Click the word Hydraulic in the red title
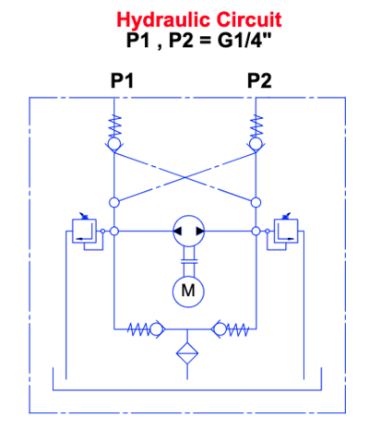pyautogui.click(x=164, y=20)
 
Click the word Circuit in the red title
pyautogui.click(x=249, y=19)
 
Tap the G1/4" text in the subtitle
pyautogui.click(x=244, y=40)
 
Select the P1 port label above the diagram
pyautogui.click(x=122, y=81)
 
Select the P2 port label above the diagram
pyautogui.click(x=259, y=81)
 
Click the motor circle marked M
pyautogui.click(x=188, y=291)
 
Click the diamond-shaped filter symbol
pyautogui.click(x=187, y=353)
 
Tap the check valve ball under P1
pyautogui.click(x=113, y=144)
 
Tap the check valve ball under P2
pyautogui.click(x=256, y=144)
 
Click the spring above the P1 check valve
pyautogui.click(x=115, y=126)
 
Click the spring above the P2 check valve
pyautogui.click(x=256, y=126)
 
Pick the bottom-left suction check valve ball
pyautogui.click(x=156, y=329)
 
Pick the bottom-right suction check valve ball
pyautogui.click(x=220, y=329)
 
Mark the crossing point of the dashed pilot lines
pyautogui.click(x=184, y=177)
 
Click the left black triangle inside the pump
pyautogui.click(x=177, y=231)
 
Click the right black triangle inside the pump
pyautogui.click(x=200, y=231)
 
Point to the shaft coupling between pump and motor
pyautogui.click(x=188, y=261)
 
